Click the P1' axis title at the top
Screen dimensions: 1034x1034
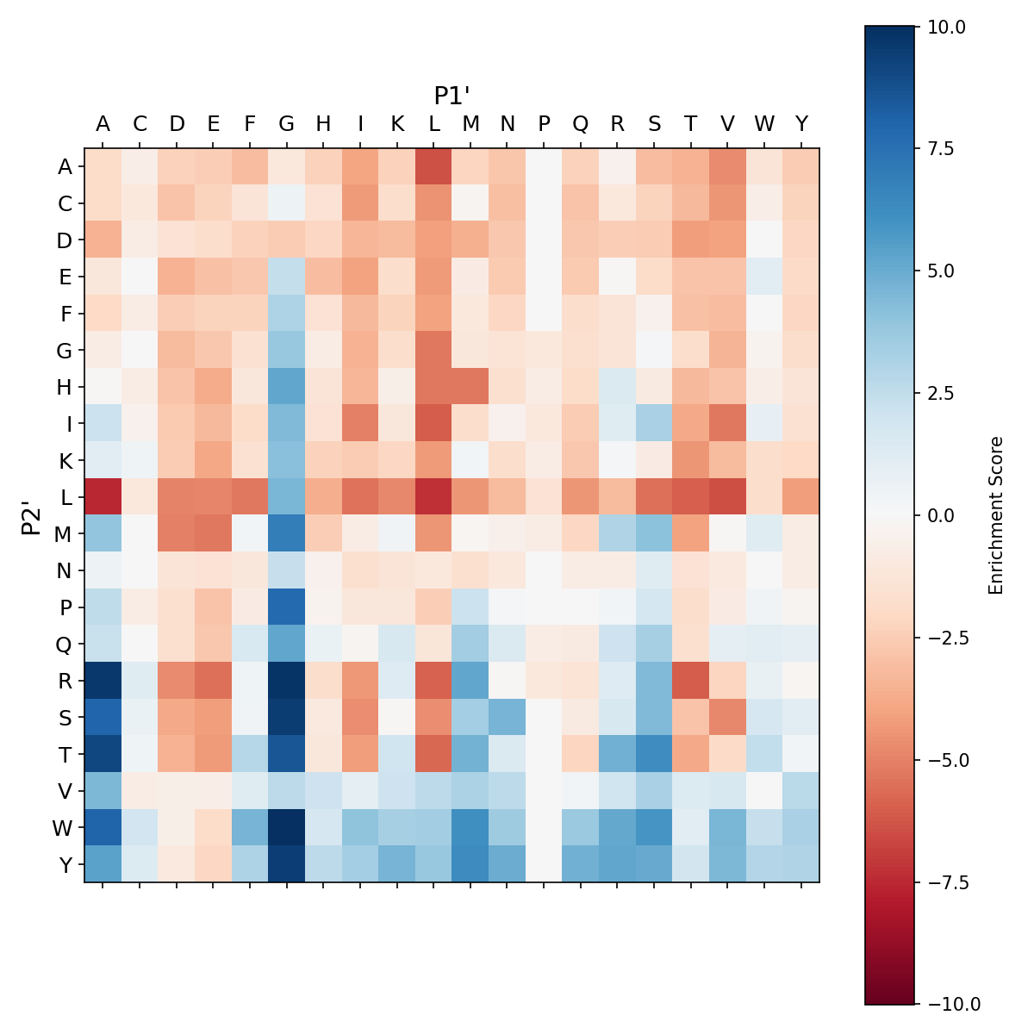pyautogui.click(x=452, y=95)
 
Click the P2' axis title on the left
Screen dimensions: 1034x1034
pyautogui.click(x=31, y=515)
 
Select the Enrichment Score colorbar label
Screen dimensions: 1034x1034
pyautogui.click(x=996, y=515)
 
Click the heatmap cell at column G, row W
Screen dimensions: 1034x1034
pyautogui.click(x=286, y=827)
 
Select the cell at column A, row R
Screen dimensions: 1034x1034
pyautogui.click(x=103, y=681)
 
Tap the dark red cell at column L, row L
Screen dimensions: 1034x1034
pyautogui.click(x=433, y=497)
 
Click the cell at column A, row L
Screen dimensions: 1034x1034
pyautogui.click(x=103, y=497)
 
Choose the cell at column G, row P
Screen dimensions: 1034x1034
pyautogui.click(x=286, y=607)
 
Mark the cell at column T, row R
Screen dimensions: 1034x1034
pyautogui.click(x=690, y=681)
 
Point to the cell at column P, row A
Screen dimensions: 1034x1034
pyautogui.click(x=544, y=166)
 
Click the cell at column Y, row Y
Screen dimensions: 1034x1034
pyautogui.click(x=800, y=864)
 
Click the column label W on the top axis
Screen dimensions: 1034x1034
pyautogui.click(x=764, y=124)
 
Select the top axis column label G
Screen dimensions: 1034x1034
pyautogui.click(x=286, y=124)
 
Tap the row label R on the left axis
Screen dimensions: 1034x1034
pyautogui.click(x=65, y=681)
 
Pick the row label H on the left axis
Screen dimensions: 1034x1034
pyautogui.click(x=65, y=387)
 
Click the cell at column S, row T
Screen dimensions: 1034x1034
pyautogui.click(x=654, y=754)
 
